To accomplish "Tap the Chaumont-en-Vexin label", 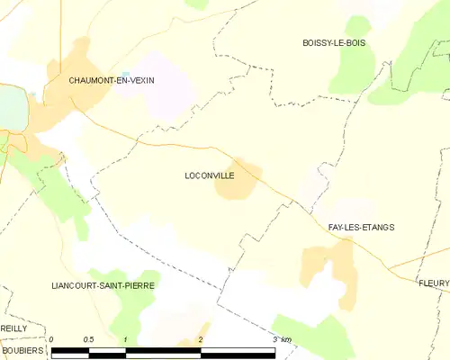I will [112, 80].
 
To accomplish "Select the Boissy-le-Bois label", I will [335, 43].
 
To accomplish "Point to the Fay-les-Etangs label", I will [361, 228].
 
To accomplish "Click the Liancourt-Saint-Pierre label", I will [103, 285].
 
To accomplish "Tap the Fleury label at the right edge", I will [434, 283].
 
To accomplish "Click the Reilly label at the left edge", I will [13, 329].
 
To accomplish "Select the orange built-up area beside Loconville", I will [240, 181].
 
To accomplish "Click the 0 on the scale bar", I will [52, 339].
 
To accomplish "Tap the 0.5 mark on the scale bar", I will [88, 339].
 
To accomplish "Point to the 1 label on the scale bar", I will [126, 339].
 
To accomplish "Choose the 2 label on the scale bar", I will [200, 339].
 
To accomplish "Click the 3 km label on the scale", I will [282, 339].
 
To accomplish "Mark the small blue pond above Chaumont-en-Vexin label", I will [126, 74].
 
